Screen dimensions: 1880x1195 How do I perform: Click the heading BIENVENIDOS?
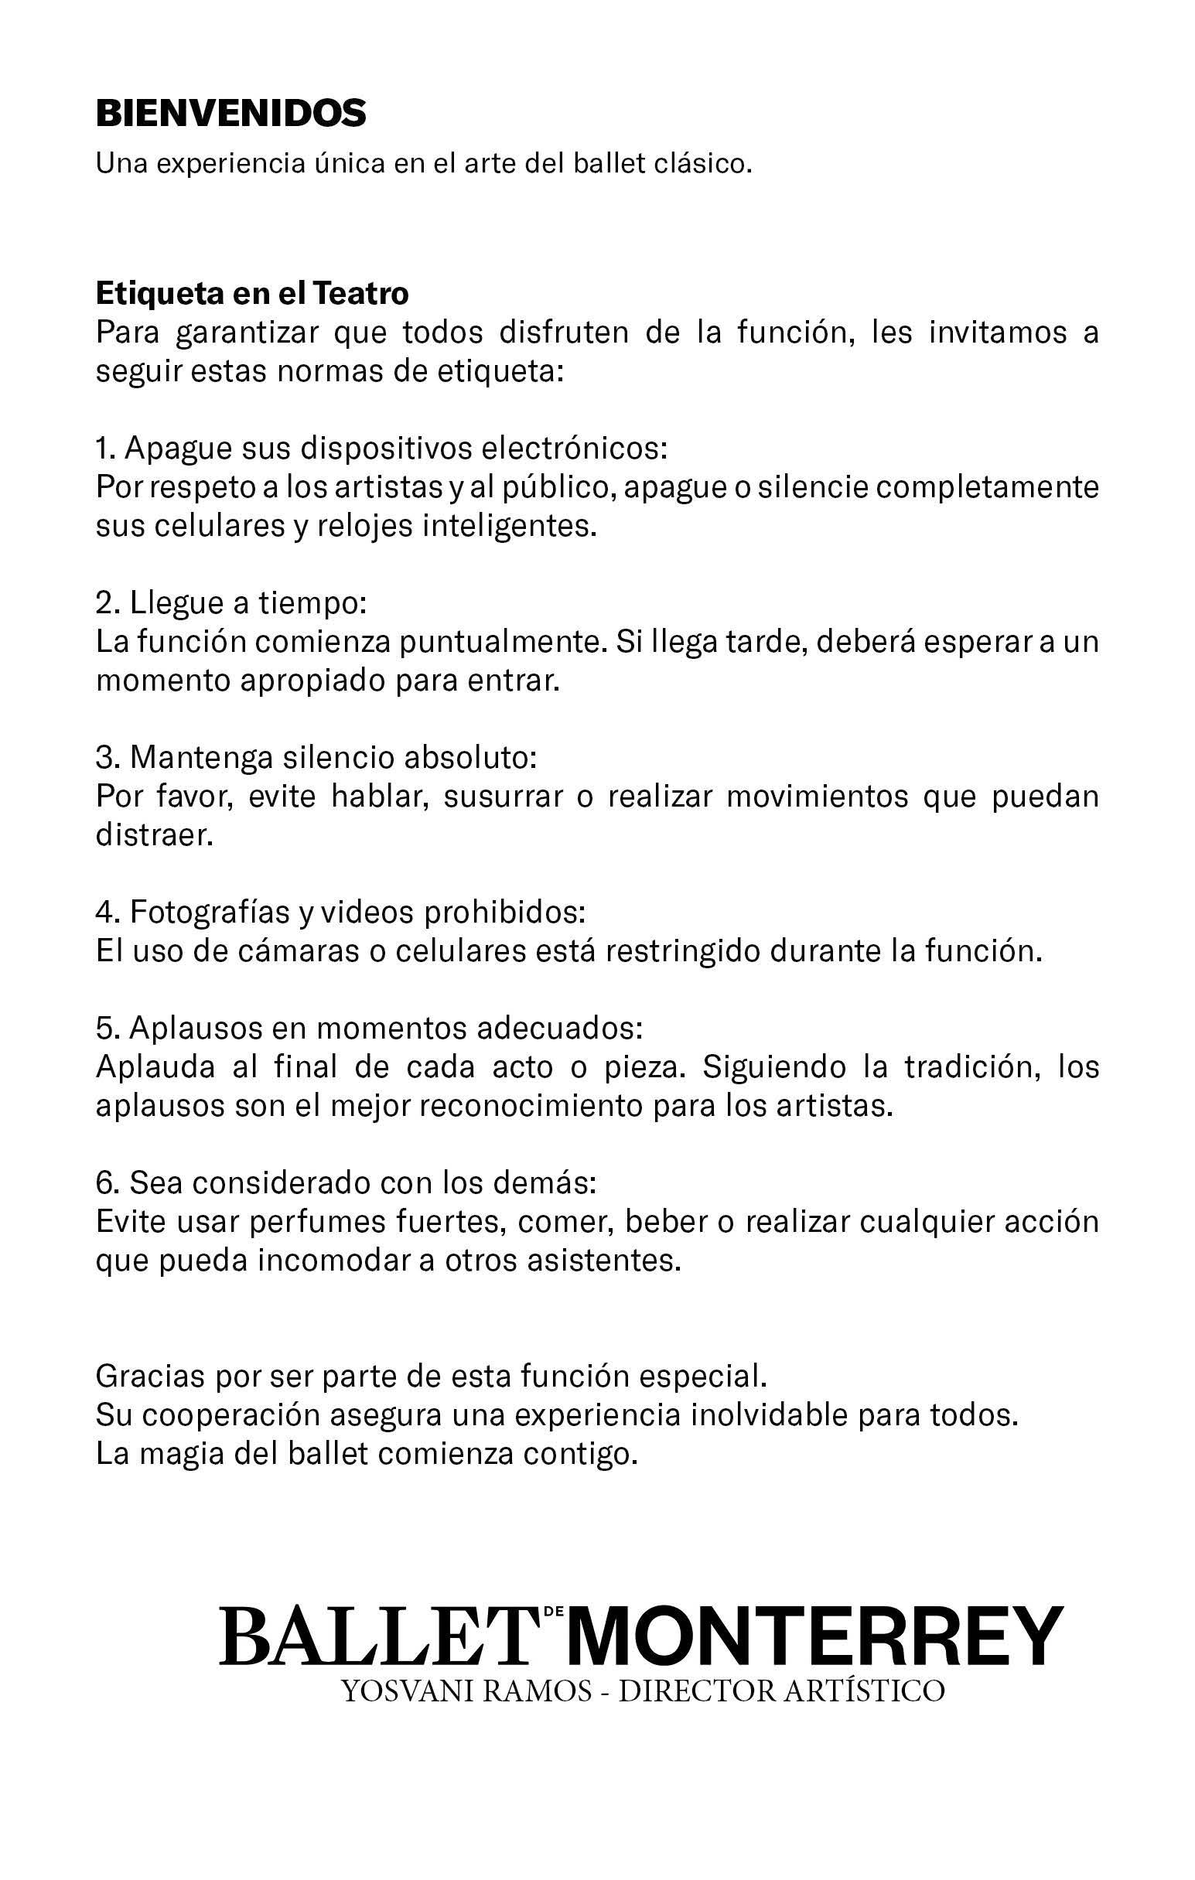click(x=230, y=114)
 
